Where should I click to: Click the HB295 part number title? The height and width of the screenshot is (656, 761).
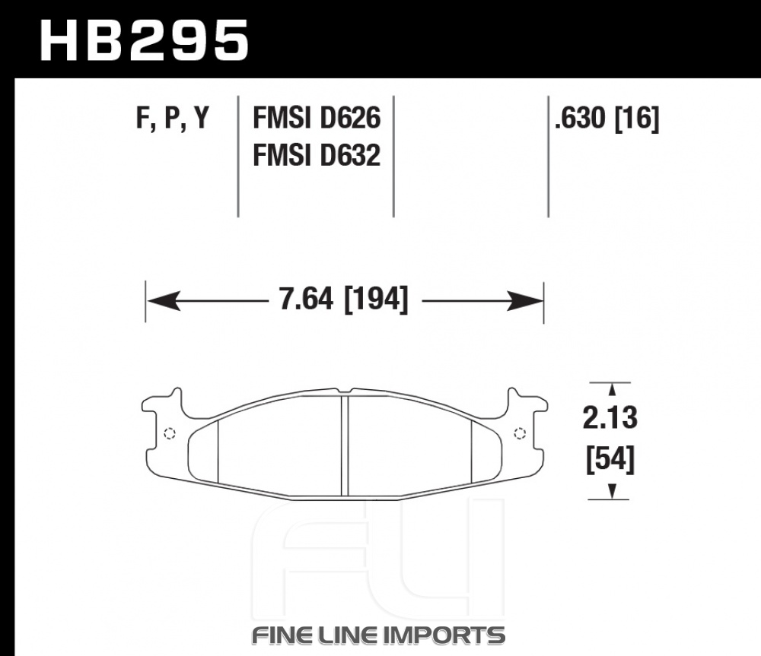point(144,41)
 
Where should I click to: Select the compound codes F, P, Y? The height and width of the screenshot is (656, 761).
point(172,117)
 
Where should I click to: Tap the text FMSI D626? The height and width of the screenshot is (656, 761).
point(317,117)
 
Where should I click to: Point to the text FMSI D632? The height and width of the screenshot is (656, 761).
point(317,155)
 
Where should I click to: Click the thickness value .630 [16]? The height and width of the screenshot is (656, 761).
point(607,118)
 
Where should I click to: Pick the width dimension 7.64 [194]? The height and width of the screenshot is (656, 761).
point(344,299)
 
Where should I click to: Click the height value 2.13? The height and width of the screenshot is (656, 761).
point(610,418)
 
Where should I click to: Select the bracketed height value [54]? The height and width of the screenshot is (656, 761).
point(610,460)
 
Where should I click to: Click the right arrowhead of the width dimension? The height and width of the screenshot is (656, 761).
point(525,301)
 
